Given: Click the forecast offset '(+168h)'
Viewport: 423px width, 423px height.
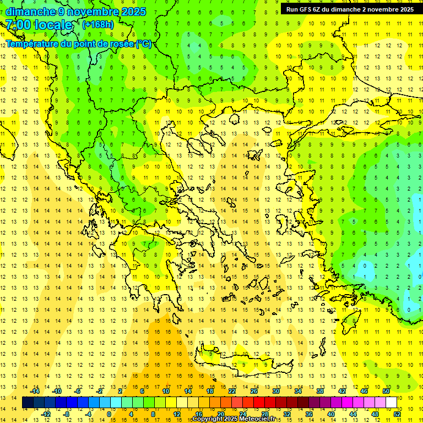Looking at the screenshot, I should [x=98, y=24].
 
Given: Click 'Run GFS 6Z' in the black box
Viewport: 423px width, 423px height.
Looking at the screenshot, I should [x=306, y=9].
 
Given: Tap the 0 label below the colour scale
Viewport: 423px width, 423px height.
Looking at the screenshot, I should [x=109, y=414].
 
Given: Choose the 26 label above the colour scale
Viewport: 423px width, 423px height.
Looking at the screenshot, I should [x=254, y=391].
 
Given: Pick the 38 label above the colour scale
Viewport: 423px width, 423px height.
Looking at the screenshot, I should [x=320, y=391].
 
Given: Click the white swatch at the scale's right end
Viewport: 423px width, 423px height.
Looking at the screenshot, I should [x=391, y=403].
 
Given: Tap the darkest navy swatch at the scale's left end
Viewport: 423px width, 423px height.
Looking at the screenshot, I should [x=28, y=403].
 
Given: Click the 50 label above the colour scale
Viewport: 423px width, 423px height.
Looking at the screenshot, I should [x=386, y=391].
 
